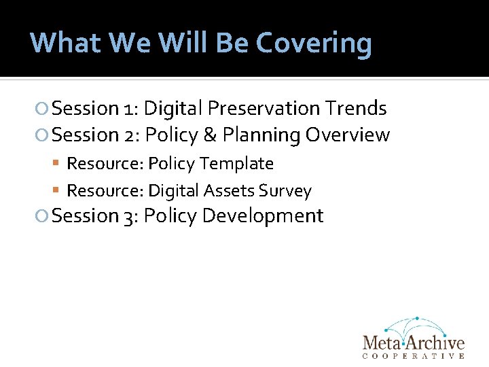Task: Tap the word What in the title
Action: tap(65, 42)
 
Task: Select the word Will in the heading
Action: tap(186, 42)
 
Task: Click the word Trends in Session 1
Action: tap(356, 108)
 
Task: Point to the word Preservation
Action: tap(264, 108)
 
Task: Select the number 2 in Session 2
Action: tap(130, 135)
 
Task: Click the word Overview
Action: tap(348, 135)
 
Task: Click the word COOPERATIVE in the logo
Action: tap(414, 355)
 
